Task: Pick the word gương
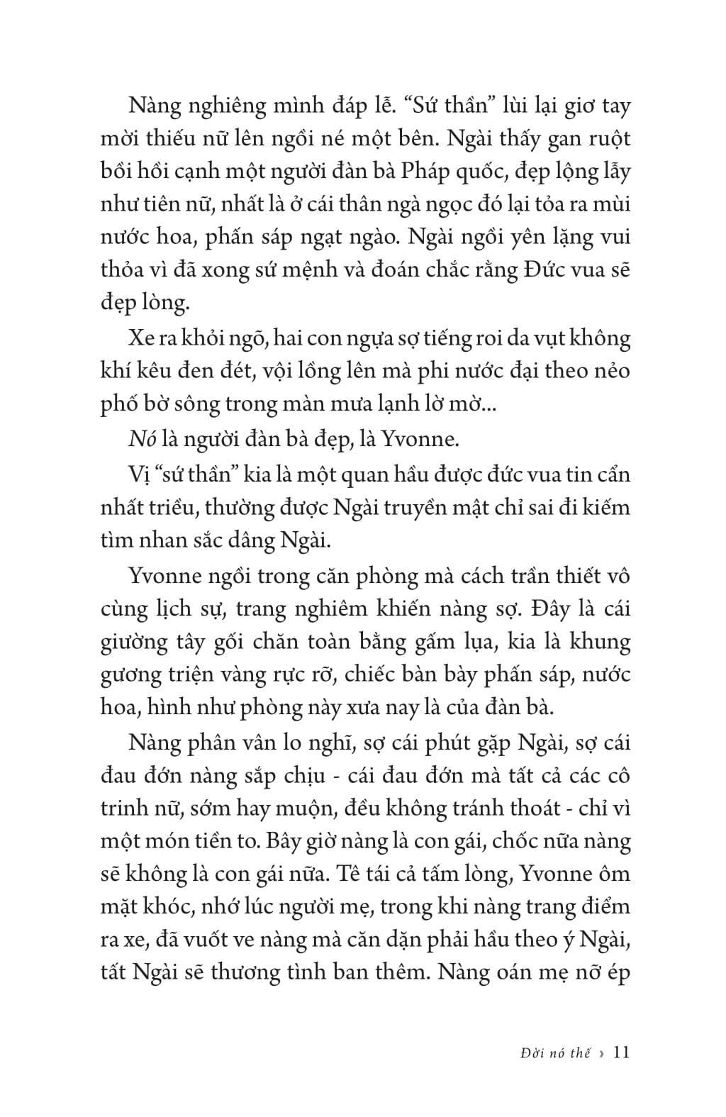[x=128, y=674]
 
